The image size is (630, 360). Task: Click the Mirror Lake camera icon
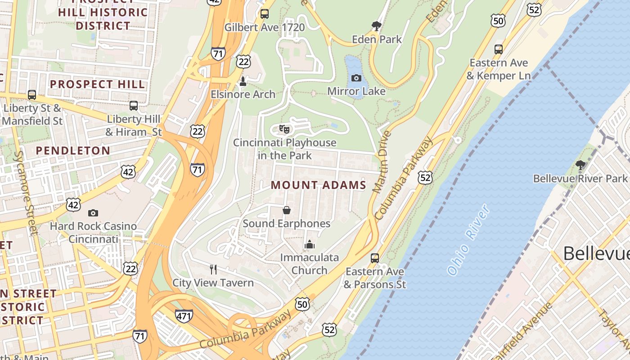pyautogui.click(x=356, y=78)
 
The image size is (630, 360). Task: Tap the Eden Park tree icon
pyautogui.click(x=376, y=26)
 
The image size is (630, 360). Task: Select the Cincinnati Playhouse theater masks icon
pyautogui.click(x=284, y=130)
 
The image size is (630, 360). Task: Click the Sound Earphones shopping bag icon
pyautogui.click(x=286, y=210)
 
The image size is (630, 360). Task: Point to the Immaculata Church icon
pyautogui.click(x=309, y=244)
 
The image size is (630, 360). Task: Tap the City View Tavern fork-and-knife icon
pyautogui.click(x=213, y=270)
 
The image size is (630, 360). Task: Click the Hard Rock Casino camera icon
pyautogui.click(x=93, y=213)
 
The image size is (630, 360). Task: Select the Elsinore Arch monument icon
pyautogui.click(x=243, y=81)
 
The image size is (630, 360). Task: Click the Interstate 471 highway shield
pyautogui.click(x=184, y=315)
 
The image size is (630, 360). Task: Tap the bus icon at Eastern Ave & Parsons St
pyautogui.click(x=374, y=258)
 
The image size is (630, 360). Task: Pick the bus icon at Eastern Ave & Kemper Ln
pyautogui.click(x=498, y=49)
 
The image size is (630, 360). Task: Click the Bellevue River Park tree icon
pyautogui.click(x=580, y=165)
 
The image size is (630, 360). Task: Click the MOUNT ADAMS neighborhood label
pyautogui.click(x=318, y=185)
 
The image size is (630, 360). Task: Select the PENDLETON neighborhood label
pyautogui.click(x=73, y=151)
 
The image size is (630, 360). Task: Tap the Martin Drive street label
pyautogui.click(x=380, y=162)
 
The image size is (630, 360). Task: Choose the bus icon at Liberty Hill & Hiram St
pyautogui.click(x=134, y=106)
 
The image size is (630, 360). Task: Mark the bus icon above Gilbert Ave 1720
pyautogui.click(x=265, y=14)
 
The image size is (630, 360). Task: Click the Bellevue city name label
pyautogui.click(x=596, y=253)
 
